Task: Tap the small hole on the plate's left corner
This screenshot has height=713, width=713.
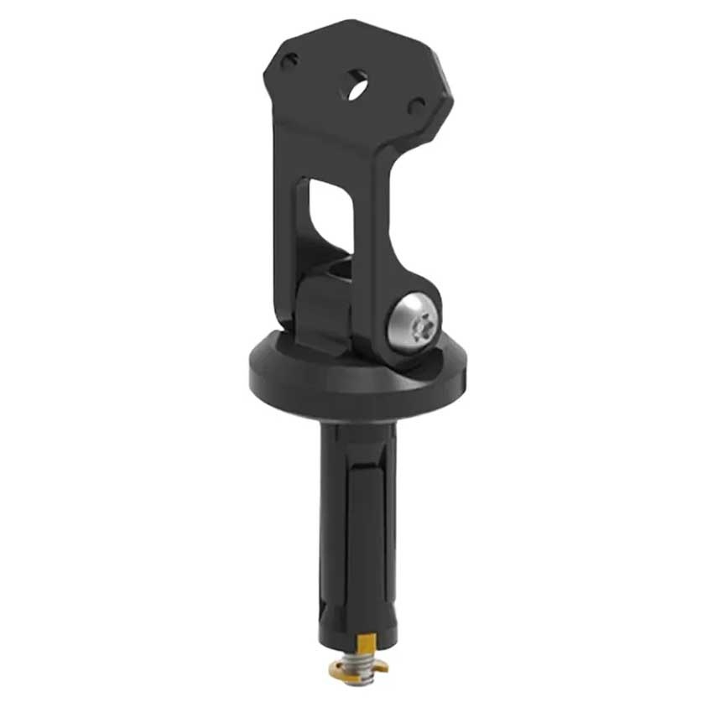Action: point(289,61)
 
